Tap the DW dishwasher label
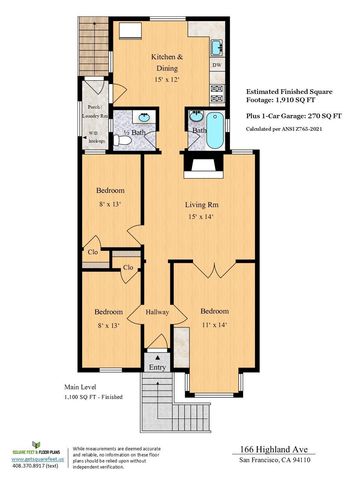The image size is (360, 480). click(218, 65)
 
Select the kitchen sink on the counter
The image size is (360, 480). click(216, 45)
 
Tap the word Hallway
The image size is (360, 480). click(153, 311)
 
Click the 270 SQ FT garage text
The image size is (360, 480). click(312, 115)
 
